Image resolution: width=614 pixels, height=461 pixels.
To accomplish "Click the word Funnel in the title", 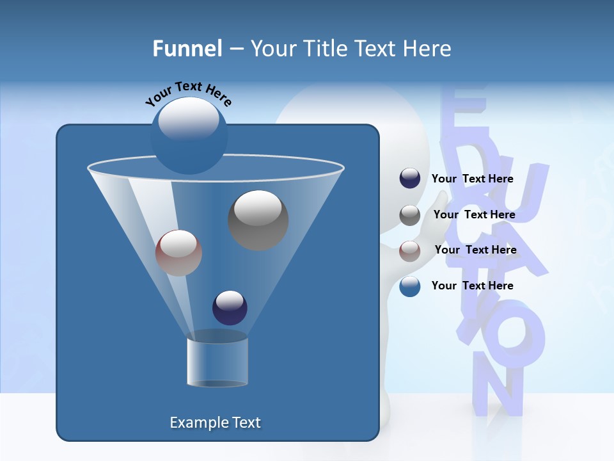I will pos(187,49).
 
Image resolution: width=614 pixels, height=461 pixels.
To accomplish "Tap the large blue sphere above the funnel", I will pos(189,136).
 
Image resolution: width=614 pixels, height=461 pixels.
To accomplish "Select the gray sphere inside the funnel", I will pos(258,220).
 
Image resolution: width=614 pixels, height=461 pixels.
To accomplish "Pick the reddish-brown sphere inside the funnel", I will pos(178,253).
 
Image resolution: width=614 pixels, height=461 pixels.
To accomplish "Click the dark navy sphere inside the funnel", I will pos(230,307).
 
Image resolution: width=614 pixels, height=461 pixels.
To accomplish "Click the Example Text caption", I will pos(215,423).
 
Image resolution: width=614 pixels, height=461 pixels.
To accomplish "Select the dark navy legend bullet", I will pos(410,179).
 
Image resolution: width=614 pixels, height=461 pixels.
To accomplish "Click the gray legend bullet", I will pos(410,215).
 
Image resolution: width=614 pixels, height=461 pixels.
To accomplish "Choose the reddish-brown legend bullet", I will pos(410,250).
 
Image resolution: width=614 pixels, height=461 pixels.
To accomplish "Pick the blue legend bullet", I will pos(410,286).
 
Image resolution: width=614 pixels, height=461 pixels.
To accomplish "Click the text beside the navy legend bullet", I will pos(472,179).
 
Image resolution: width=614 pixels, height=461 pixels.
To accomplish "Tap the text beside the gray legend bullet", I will pos(474,215).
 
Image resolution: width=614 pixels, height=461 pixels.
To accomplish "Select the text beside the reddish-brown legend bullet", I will pos(475,250).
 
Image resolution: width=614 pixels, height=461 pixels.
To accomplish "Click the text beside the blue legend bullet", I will pos(472,286).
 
